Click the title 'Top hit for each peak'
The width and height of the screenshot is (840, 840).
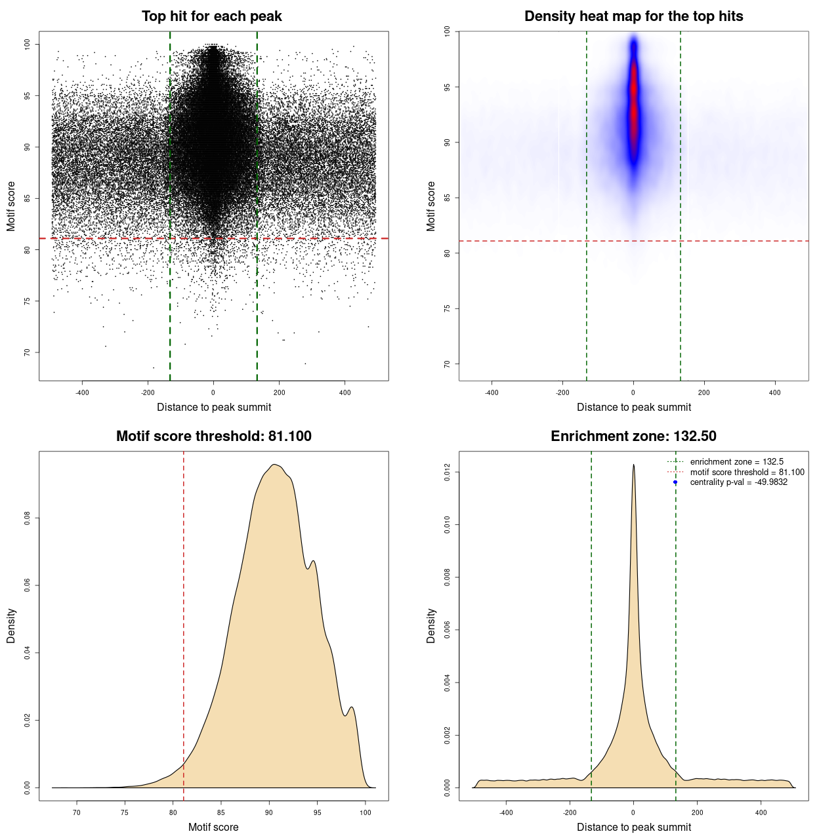click(211, 16)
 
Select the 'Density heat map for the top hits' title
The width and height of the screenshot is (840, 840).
click(633, 16)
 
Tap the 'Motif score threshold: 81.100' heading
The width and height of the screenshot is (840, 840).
click(213, 436)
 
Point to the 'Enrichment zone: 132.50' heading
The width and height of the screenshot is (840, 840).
click(633, 436)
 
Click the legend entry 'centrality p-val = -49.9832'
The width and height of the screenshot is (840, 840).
click(738, 482)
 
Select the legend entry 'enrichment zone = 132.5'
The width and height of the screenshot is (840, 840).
click(736, 462)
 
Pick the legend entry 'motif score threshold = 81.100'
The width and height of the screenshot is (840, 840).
click(747, 472)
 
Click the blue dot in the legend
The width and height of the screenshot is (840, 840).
click(675, 482)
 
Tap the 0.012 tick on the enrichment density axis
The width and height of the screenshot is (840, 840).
click(447, 472)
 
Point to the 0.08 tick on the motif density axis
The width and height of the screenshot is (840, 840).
click(27, 518)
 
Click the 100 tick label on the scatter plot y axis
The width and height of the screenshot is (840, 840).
click(27, 45)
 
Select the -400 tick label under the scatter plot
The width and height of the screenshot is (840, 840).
click(82, 393)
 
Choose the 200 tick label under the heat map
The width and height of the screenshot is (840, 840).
click(704, 393)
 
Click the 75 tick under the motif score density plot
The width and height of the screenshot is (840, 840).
click(125, 813)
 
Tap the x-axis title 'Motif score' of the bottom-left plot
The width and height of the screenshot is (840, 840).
click(213, 828)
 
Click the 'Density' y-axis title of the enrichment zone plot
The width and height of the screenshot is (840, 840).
click(431, 625)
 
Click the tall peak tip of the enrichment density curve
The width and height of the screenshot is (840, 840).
click(633, 465)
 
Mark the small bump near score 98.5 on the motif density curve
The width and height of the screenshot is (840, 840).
click(352, 707)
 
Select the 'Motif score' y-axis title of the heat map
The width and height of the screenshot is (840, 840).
click(431, 206)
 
